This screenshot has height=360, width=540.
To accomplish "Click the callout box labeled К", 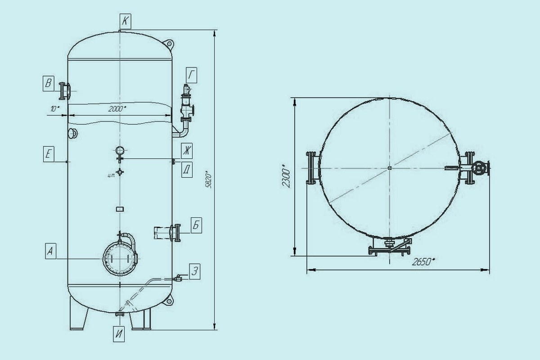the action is [x=126, y=22].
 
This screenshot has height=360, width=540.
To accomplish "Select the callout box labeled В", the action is [x=49, y=83].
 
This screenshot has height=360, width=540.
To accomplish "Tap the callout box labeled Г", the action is [x=191, y=75].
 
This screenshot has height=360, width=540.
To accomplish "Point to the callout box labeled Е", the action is [x=49, y=154].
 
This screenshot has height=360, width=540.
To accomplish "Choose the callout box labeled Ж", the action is [x=187, y=151].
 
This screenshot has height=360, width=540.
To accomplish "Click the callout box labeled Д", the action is [x=187, y=170].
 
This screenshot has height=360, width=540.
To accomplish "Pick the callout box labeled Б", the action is [x=197, y=225].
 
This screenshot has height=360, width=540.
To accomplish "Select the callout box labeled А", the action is [x=50, y=251].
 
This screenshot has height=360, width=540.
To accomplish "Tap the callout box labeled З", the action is [x=195, y=271].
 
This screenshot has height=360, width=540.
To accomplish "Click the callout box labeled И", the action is [x=119, y=334].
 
